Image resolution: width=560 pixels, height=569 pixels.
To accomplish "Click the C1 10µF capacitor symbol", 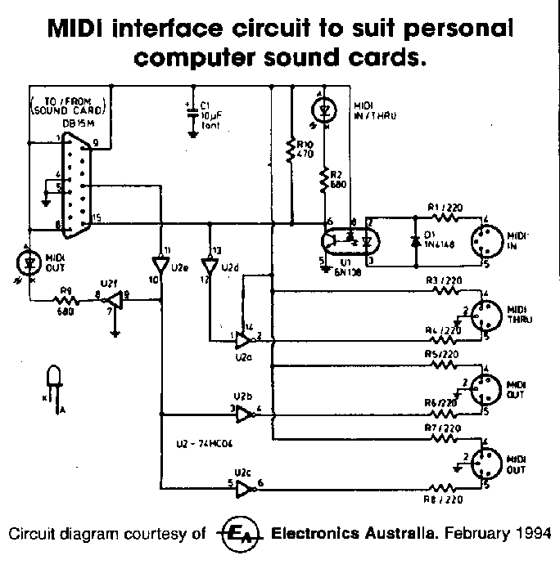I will [191, 105].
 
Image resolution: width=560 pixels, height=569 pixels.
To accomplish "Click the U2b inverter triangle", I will [243, 415].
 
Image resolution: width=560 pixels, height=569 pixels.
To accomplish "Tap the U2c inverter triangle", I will [243, 491].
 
